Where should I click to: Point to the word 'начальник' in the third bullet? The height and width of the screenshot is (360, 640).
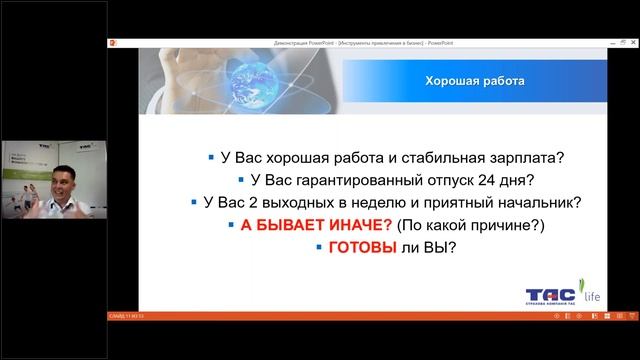pos(545,202)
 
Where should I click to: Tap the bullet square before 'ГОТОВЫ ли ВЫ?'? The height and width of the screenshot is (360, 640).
pos(319,246)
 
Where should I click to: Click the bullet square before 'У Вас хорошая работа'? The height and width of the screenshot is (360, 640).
pos(211,157)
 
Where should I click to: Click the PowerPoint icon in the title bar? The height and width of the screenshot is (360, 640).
pos(113,43)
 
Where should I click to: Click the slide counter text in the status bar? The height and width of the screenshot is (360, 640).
pos(126,316)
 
